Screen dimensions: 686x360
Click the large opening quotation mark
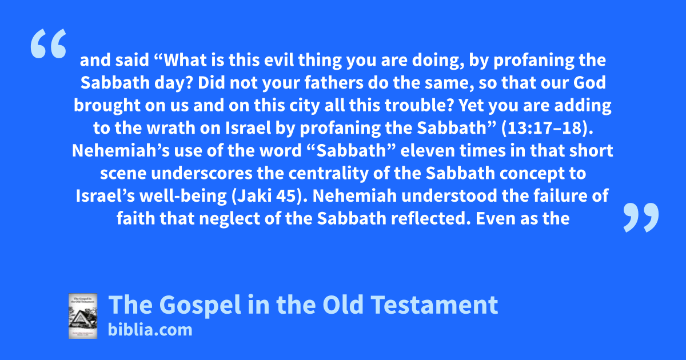tap(49, 43)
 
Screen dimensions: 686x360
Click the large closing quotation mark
tap(641, 217)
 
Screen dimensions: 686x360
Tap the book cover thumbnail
tap(83, 316)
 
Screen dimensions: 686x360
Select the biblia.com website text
tap(150, 330)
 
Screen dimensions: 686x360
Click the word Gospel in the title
tap(200, 306)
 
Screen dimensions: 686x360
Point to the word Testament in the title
tap(434, 305)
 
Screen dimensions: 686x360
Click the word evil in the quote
tap(279, 60)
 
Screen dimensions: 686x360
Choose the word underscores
tap(201, 173)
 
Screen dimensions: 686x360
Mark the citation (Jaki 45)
tap(269, 196)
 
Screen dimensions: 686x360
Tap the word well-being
tap(183, 197)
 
